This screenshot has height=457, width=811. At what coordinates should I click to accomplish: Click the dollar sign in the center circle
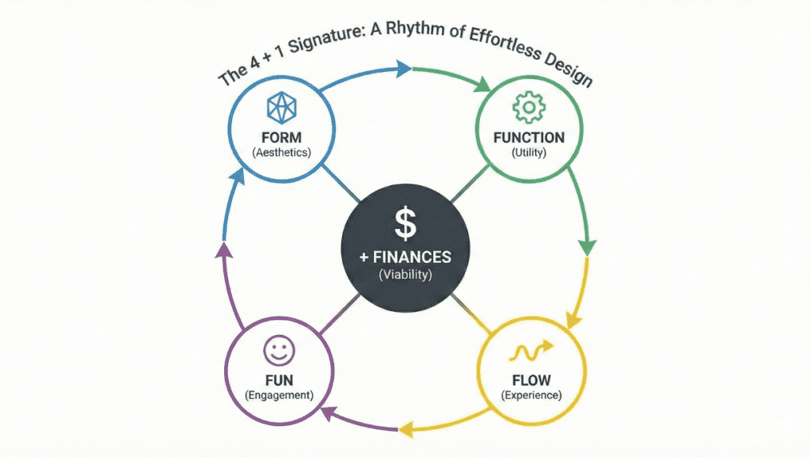click(x=405, y=223)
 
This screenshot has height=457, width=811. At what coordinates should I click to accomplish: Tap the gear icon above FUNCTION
click(x=528, y=107)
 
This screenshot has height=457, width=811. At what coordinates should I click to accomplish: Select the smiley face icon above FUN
click(x=280, y=351)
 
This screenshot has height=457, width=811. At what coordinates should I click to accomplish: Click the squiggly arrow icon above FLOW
click(x=531, y=352)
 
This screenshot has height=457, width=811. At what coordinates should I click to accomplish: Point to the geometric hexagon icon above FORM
click(x=282, y=108)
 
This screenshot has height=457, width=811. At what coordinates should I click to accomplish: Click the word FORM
click(x=281, y=138)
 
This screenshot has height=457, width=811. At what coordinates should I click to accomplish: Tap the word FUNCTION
click(x=528, y=138)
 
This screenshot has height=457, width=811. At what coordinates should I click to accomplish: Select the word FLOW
click(x=531, y=380)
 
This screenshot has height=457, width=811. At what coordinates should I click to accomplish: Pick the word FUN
click(x=280, y=380)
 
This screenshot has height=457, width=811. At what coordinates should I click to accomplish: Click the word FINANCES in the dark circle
click(x=412, y=257)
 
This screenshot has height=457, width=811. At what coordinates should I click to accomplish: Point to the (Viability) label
click(x=405, y=275)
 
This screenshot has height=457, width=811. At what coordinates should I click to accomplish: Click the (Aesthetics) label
click(x=281, y=153)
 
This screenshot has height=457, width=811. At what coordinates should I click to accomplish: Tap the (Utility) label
click(x=528, y=153)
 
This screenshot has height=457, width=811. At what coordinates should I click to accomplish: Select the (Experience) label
click(x=531, y=395)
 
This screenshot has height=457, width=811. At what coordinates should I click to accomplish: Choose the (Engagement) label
click(x=280, y=395)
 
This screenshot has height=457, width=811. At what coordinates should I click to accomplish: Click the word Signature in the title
click(x=325, y=40)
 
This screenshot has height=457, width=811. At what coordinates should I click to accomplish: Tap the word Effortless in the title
click(x=504, y=43)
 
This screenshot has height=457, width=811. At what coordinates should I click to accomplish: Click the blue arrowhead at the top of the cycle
click(x=403, y=69)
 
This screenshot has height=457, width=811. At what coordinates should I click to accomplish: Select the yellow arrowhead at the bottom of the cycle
click(x=406, y=428)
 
